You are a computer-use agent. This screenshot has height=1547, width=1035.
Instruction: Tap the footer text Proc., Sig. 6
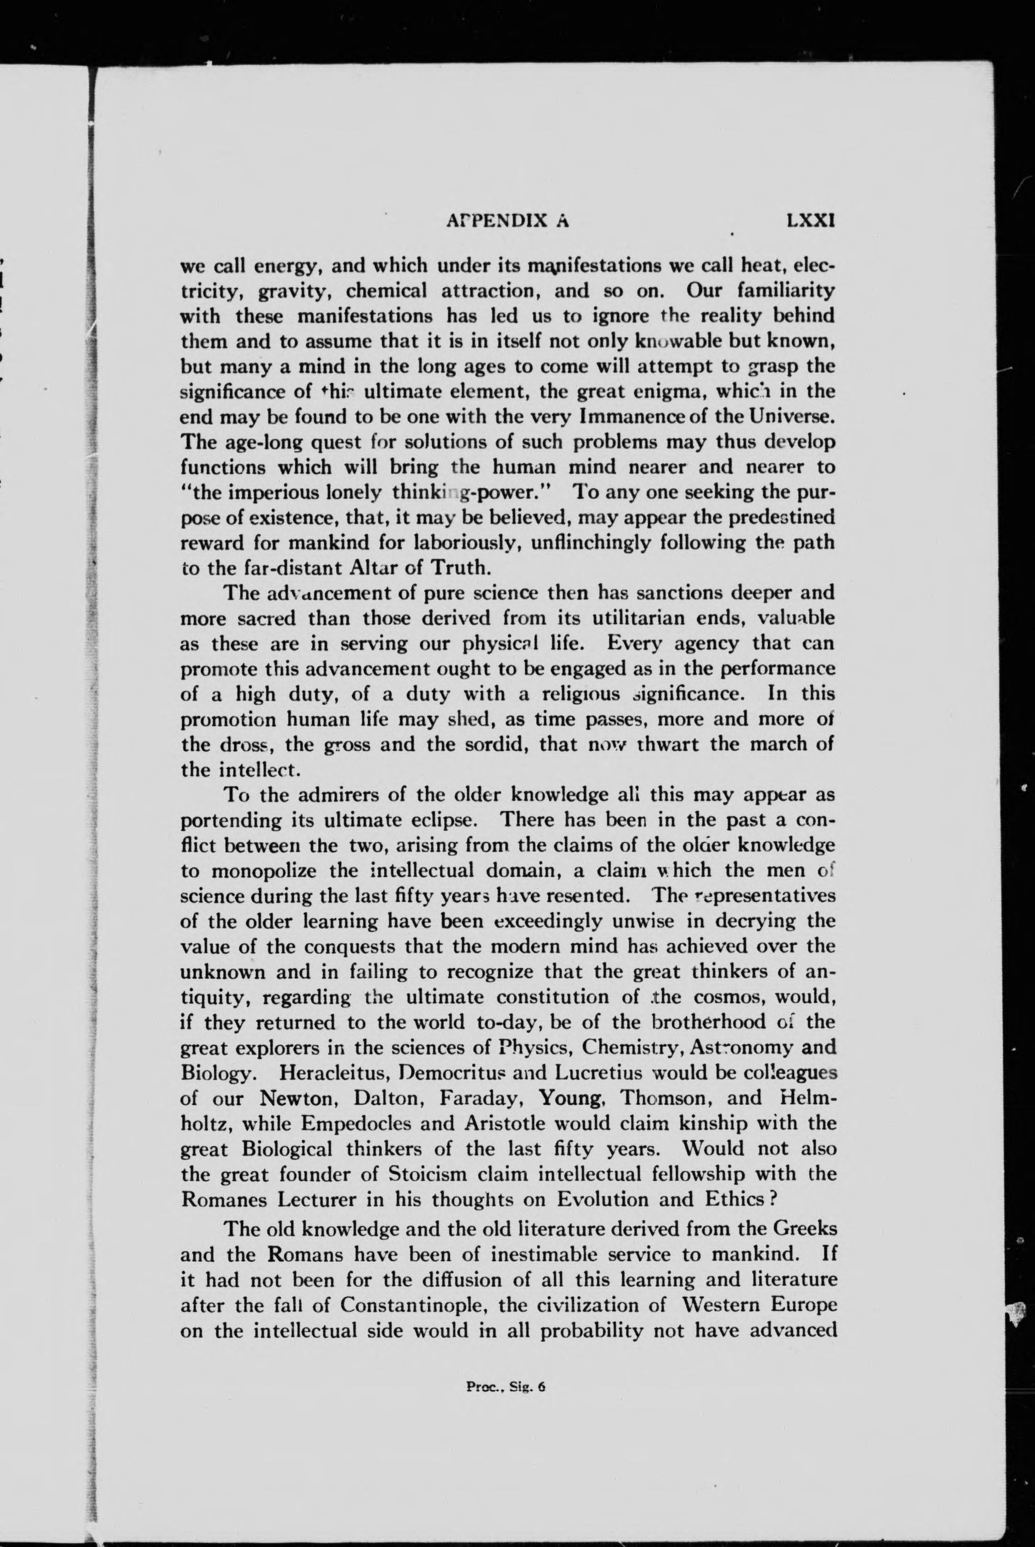[x=506, y=1387]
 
